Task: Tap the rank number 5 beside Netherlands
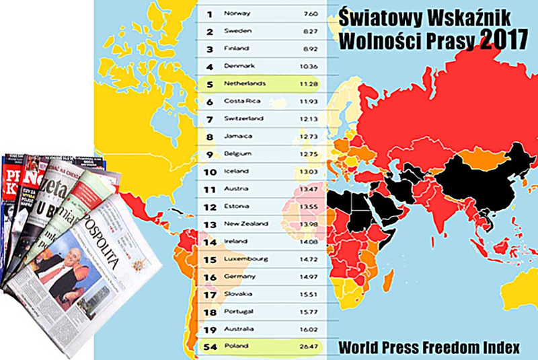209,84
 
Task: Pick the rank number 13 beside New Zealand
210,224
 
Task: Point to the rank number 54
210,347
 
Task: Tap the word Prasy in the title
453,40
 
